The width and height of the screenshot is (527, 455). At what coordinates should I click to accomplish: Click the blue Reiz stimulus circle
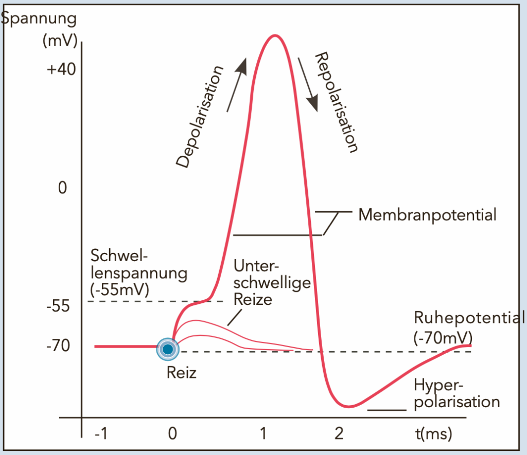[x=167, y=349]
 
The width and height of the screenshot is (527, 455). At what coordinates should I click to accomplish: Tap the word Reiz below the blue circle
[x=181, y=372]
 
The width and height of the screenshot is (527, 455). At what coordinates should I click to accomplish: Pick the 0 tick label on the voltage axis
[x=63, y=188]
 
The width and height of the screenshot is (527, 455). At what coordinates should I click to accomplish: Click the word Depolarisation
[x=201, y=117]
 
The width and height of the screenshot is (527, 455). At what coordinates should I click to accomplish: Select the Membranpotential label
[x=427, y=214]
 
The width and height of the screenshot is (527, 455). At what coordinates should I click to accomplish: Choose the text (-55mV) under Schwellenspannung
[x=119, y=289]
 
